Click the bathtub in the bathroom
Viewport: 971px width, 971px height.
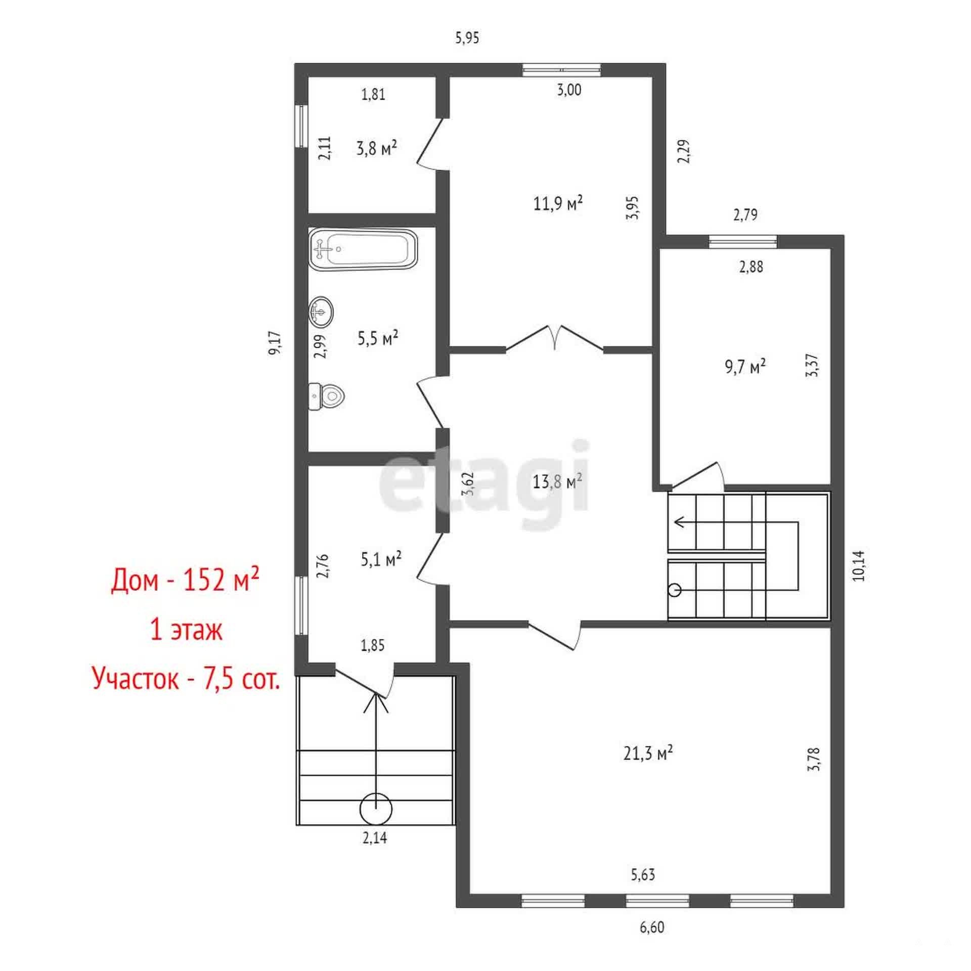[x=363, y=250]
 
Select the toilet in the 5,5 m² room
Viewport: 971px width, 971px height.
[x=326, y=396]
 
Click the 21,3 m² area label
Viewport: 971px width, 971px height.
[x=648, y=754]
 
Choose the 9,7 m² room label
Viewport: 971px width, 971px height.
[x=745, y=367]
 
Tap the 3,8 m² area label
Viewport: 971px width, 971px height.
[x=376, y=149]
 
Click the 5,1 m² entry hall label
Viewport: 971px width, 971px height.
[x=381, y=559]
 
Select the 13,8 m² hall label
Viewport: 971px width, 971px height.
[x=557, y=481]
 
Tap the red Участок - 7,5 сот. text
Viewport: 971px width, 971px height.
[x=186, y=678]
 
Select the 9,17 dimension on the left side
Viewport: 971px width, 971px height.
[x=275, y=343]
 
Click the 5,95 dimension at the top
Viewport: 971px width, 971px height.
[x=467, y=38]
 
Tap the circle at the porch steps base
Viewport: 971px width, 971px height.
[x=376, y=809]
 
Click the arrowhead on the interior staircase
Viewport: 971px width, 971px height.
[x=680, y=521]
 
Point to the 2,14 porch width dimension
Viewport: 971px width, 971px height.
[x=374, y=838]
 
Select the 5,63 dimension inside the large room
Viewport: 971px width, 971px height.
[x=643, y=874]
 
